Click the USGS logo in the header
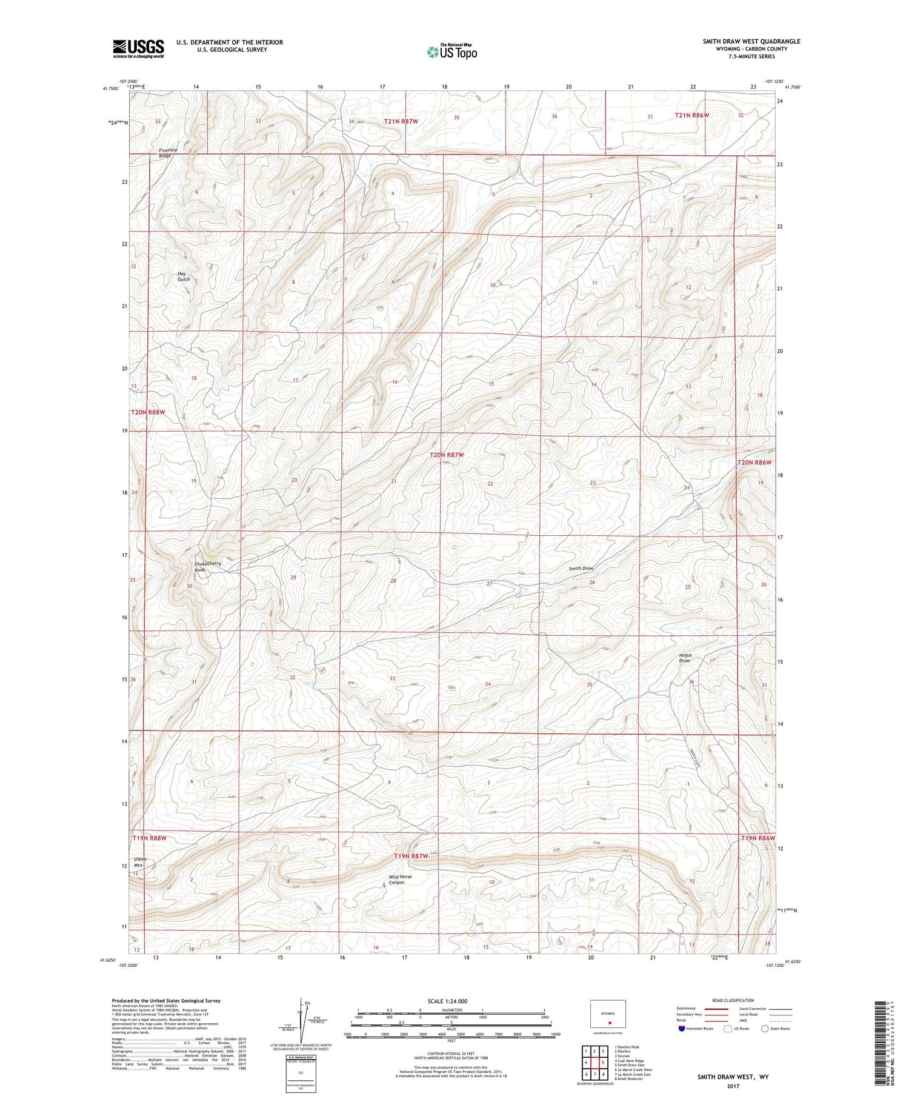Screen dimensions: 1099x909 138,48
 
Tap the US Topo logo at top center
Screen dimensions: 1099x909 451,52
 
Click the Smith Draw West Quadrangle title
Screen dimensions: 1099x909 751,41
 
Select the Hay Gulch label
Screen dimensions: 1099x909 184,276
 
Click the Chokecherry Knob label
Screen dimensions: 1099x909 207,566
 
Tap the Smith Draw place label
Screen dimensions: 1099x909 581,569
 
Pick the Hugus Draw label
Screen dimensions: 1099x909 685,658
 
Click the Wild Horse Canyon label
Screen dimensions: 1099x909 400,880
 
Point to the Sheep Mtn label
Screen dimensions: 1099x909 140,863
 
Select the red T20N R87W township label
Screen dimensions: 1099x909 447,455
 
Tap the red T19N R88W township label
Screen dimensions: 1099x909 149,838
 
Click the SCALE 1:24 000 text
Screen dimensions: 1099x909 447,1001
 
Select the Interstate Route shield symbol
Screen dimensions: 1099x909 682,1029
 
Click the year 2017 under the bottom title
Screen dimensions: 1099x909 733,1086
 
